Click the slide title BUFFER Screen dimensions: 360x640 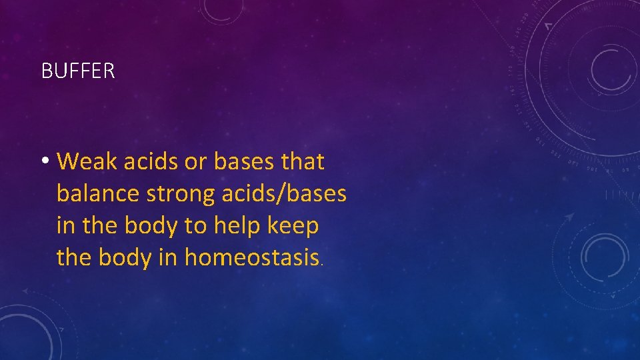78,71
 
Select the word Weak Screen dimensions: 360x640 86,161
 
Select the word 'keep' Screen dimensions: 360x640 293,226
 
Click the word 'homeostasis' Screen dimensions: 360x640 252,257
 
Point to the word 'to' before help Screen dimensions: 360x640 195,226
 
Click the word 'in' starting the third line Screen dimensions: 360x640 65,225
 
